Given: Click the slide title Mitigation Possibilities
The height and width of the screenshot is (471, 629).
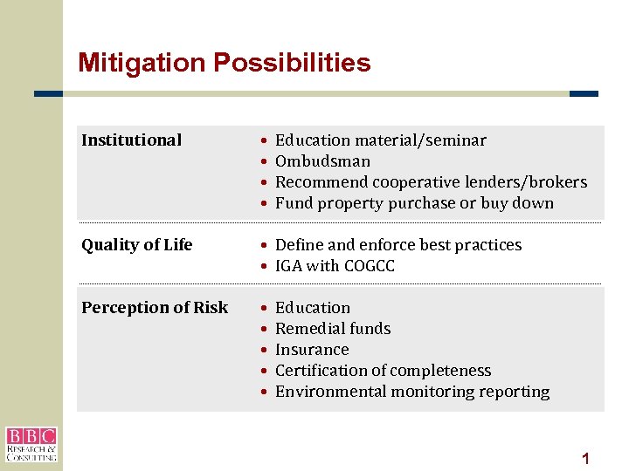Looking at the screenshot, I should click(x=224, y=63).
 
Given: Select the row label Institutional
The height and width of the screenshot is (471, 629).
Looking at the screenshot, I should click(x=131, y=140).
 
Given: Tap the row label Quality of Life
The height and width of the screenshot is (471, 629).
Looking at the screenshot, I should click(x=136, y=245).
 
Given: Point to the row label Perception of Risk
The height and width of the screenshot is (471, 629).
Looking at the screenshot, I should click(x=155, y=308).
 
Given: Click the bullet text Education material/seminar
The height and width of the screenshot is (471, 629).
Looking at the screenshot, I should click(x=380, y=140).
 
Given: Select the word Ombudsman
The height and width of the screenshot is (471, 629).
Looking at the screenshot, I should click(x=322, y=161).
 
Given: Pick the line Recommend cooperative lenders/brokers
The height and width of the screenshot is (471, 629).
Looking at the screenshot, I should click(x=431, y=182).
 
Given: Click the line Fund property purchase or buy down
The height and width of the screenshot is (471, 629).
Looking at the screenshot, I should click(x=414, y=203).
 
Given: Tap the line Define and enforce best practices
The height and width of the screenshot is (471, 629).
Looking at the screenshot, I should click(x=397, y=245).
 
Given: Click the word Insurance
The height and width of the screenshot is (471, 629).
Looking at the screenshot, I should click(x=312, y=350).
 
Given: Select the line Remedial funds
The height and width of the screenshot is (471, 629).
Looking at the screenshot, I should click(x=333, y=329).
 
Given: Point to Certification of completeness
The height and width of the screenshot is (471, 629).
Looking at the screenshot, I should click(x=383, y=371).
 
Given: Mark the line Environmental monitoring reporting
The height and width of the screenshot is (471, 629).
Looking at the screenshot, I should click(x=412, y=392).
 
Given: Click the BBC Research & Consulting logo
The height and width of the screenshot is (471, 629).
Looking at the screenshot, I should click(x=31, y=444).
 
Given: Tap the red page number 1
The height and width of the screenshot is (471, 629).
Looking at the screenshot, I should click(x=586, y=458).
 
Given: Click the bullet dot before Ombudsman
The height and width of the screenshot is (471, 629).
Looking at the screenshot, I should click(x=263, y=161).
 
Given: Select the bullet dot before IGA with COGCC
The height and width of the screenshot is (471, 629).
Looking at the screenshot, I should click(x=263, y=266).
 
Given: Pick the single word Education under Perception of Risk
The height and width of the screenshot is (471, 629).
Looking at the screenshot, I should click(x=312, y=308).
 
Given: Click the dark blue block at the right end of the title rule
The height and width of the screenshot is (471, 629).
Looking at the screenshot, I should click(x=584, y=94).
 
